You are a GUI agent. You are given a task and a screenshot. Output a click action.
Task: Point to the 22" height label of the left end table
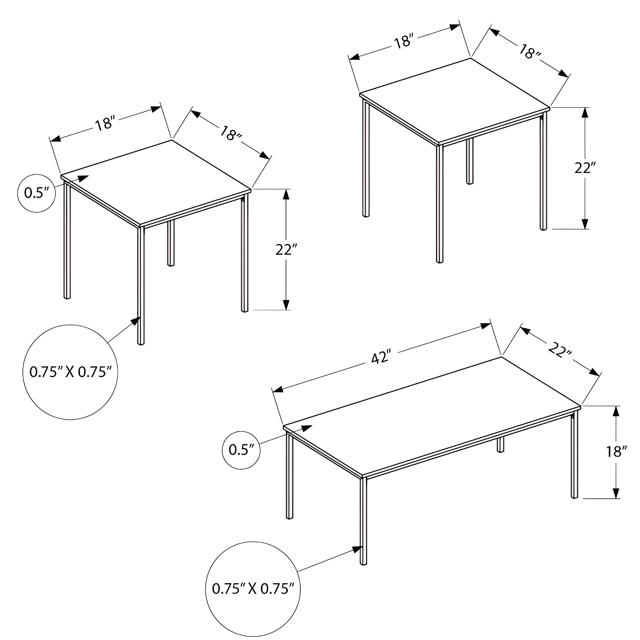(x=286, y=250)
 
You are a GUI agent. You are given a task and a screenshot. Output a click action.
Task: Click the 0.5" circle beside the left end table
(x=36, y=193)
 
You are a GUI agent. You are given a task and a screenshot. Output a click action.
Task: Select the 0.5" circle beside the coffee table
(x=241, y=450)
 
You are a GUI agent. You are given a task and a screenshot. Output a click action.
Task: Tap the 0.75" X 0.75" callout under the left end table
(x=70, y=372)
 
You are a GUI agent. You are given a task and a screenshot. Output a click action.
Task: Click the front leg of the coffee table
(x=364, y=520)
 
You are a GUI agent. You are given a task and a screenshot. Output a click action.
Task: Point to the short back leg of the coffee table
(x=500, y=444)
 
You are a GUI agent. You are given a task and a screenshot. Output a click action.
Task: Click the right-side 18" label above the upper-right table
(x=530, y=52)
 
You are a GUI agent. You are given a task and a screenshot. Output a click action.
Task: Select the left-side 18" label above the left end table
(x=105, y=123)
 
